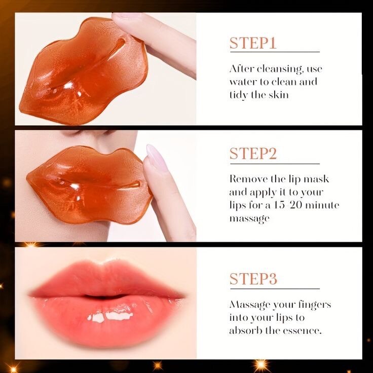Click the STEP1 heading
coord(253,43)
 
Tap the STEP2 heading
coord(253,154)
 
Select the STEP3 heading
coord(253,279)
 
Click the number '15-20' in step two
coord(285,205)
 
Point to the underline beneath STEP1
coord(274,52)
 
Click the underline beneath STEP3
coord(274,288)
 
